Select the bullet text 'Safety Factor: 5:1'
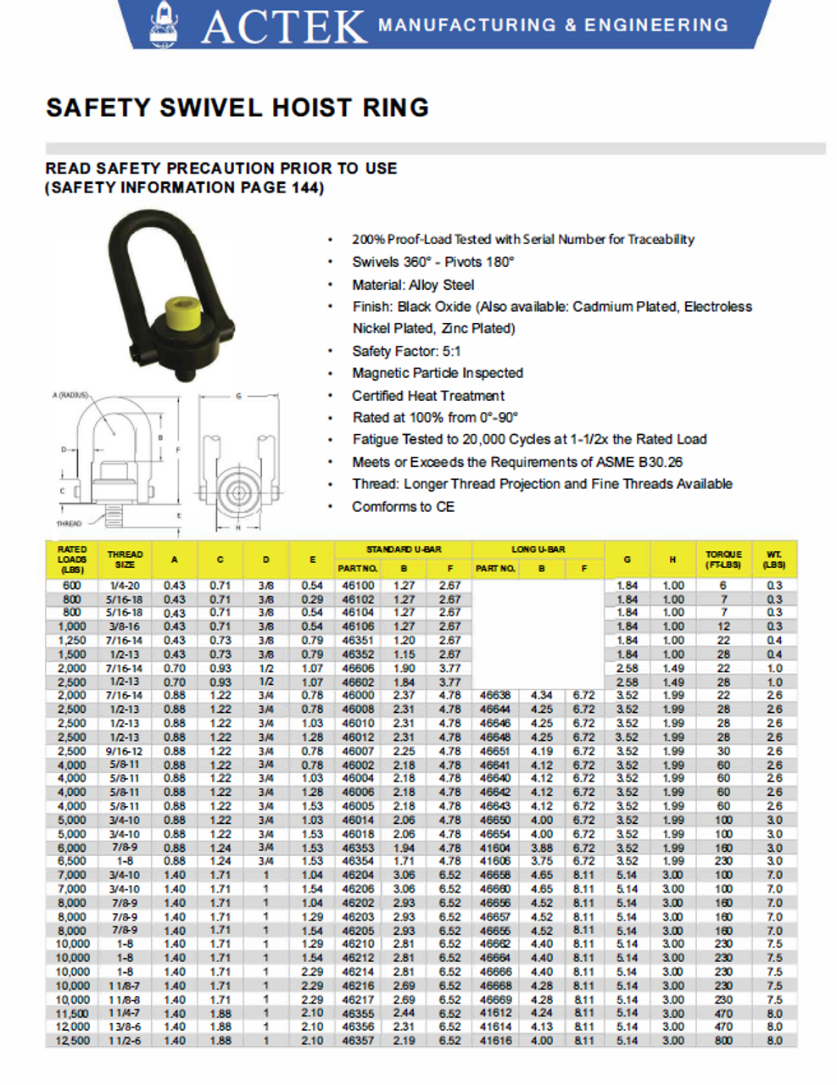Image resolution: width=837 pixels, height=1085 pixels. [x=406, y=351]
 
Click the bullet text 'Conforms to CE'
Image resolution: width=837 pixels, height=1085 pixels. [x=403, y=507]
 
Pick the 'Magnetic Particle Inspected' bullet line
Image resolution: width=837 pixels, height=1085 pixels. [x=437, y=373]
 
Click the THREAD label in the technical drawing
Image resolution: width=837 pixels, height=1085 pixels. [x=70, y=524]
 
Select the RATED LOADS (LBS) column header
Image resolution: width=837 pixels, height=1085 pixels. [x=72, y=559]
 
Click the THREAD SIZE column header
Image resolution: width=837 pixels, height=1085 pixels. [x=125, y=559]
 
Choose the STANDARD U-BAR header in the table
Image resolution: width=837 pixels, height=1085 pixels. [x=403, y=549]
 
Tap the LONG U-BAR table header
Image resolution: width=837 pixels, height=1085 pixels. [x=538, y=549]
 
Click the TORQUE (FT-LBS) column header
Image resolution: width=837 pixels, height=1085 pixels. [x=723, y=559]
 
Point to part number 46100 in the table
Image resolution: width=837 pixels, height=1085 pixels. [x=357, y=586]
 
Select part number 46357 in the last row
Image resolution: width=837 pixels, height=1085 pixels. [x=357, y=1041]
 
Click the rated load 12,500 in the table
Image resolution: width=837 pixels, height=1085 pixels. [x=72, y=1041]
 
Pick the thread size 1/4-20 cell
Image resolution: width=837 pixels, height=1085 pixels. [x=125, y=586]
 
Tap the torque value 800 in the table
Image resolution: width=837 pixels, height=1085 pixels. [x=723, y=1041]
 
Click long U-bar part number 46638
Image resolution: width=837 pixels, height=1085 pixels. [x=495, y=695]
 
